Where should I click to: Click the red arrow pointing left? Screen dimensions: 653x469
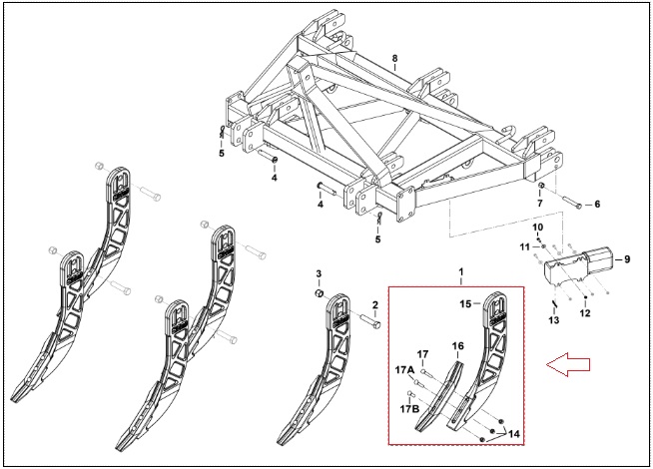point(568,364)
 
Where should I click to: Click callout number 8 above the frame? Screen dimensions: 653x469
point(394,58)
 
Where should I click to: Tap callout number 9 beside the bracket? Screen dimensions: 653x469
point(627,259)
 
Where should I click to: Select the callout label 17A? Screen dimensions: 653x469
point(404,369)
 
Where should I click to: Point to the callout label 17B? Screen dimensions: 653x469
point(409,409)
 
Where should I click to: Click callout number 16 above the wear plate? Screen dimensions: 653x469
point(457,346)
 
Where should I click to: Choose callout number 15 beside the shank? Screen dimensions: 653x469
point(465,304)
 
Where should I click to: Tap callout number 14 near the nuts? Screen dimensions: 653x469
point(514,434)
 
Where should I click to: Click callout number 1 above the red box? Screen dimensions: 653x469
point(461,271)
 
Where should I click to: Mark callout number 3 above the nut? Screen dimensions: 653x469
point(319,273)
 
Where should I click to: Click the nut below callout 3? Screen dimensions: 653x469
point(319,293)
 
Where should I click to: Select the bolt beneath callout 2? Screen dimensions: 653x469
point(370,321)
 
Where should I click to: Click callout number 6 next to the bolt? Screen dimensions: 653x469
point(597,204)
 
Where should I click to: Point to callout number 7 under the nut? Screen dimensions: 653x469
point(540,204)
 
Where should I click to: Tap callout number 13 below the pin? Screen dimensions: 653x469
point(554,320)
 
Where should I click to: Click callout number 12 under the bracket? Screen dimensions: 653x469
point(585,313)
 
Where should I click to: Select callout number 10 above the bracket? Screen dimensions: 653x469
point(538,228)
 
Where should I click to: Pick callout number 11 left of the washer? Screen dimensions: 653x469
point(525,247)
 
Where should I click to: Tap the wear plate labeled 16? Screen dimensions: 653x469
point(438,396)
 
